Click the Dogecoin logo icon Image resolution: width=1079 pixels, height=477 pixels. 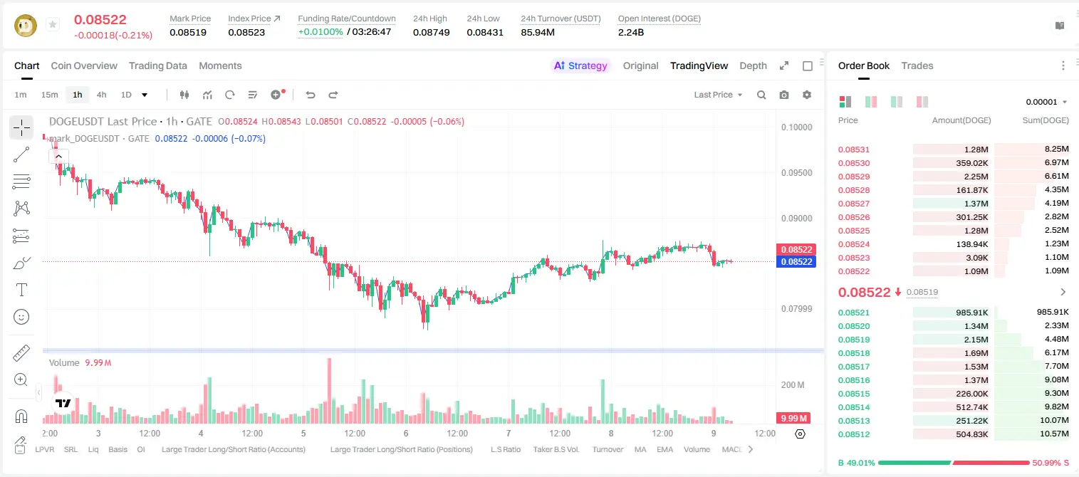pos(26,26)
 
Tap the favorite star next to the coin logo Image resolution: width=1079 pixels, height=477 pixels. pos(53,24)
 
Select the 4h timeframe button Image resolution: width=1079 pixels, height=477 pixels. pos(101,95)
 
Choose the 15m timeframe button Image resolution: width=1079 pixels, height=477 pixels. pos(50,95)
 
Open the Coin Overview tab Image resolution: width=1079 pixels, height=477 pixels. pos(84,65)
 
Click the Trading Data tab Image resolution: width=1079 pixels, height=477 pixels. pos(157,65)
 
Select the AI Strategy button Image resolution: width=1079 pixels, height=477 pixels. pos(580,65)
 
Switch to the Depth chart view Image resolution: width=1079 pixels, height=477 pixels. pos(753,65)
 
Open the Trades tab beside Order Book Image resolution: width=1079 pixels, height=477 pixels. pos(917,65)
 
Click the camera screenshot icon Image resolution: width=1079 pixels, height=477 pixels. pos(784,95)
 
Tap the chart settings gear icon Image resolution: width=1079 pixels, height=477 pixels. pos(807,95)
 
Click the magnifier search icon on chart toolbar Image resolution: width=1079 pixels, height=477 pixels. pos(761,95)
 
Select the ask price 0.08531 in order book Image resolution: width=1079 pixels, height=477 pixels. pos(853,150)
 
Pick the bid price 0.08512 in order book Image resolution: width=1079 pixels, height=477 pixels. pos(853,434)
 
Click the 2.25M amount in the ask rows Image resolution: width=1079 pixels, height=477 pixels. pos(976,177)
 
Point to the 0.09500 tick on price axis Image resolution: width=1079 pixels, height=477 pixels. pos(797,173)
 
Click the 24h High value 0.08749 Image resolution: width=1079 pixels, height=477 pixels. pos(431,32)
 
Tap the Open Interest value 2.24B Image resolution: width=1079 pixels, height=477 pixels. pos(631,32)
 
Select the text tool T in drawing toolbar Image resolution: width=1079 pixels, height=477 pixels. pos(21,290)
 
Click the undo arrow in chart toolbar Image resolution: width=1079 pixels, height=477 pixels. pos(311,95)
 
